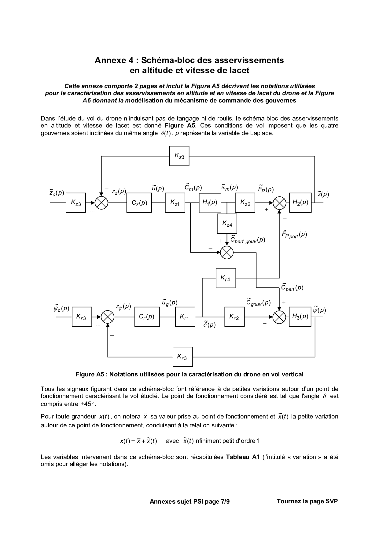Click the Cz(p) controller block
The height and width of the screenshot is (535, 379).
click(139, 203)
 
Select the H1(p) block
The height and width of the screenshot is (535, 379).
click(210, 203)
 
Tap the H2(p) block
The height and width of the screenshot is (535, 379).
click(300, 203)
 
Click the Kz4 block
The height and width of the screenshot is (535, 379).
click(227, 224)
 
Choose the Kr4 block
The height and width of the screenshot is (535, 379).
click(226, 278)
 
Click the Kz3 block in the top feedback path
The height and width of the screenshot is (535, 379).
click(179, 156)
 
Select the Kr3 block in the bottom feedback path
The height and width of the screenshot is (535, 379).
click(182, 357)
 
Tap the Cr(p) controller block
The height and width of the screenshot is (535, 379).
click(147, 317)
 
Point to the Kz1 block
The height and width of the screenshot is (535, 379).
click(175, 203)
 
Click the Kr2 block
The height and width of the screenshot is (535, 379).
click(234, 317)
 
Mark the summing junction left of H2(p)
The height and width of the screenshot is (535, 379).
click(279, 203)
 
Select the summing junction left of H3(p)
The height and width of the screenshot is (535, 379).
click(279, 317)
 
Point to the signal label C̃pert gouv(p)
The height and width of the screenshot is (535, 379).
click(248, 240)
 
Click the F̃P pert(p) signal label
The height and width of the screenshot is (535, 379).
click(294, 234)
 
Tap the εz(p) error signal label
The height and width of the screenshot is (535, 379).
click(119, 192)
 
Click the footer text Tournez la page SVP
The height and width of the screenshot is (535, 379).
click(307, 501)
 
